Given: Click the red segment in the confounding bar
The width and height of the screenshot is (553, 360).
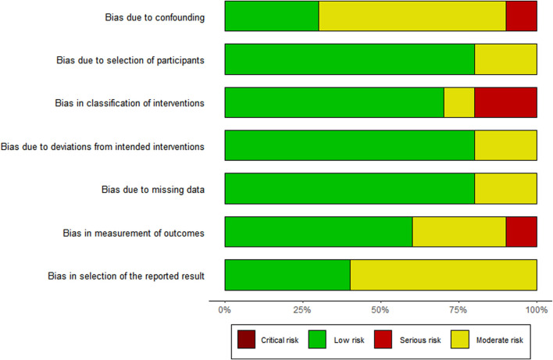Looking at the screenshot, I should [x=521, y=16].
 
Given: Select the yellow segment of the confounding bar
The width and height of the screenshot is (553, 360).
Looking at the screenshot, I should [x=412, y=16].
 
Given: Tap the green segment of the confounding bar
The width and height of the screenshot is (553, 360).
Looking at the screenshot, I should [x=272, y=16].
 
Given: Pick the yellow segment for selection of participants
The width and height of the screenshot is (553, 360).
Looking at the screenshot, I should [x=505, y=59].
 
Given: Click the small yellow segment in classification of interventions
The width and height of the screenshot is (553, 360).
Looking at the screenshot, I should [x=458, y=102].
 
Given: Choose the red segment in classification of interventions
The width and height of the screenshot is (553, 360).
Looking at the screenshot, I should [x=505, y=102].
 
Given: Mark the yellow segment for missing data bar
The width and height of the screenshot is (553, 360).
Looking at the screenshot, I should [x=505, y=189].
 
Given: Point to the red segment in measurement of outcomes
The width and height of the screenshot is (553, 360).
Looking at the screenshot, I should [x=521, y=232].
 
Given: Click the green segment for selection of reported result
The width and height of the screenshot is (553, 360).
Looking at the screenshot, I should [x=287, y=275].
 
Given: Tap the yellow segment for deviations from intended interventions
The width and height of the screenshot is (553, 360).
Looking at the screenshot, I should [x=505, y=146].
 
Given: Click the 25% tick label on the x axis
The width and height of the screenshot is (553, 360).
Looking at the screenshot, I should [x=303, y=310].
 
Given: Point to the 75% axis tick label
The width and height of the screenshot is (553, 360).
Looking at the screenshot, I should [x=458, y=310].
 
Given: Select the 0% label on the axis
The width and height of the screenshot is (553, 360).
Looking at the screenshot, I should [x=225, y=310].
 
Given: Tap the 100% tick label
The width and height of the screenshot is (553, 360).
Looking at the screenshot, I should [x=536, y=310].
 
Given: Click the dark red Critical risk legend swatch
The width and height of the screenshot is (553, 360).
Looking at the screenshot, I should [x=247, y=340].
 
